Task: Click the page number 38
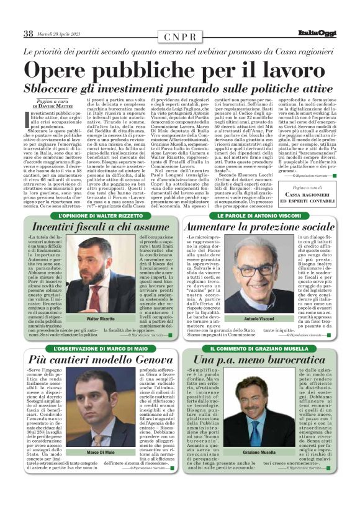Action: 28,33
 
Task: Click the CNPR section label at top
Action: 180,35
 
